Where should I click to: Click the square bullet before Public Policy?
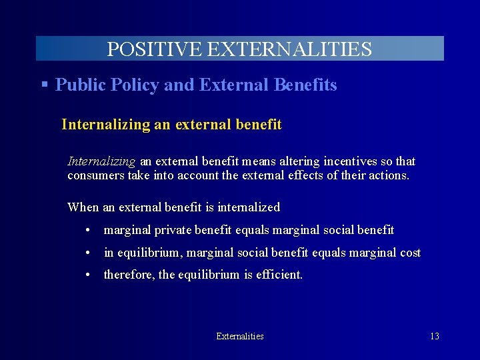coord(44,85)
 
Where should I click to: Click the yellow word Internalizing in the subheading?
coord(106,125)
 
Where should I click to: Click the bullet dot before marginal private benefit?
coord(88,231)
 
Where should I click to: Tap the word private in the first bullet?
coord(169,231)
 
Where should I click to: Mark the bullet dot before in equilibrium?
coord(88,253)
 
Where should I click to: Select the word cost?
coord(409,253)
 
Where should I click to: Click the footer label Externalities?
coord(240,337)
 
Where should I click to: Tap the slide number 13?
coord(434,337)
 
